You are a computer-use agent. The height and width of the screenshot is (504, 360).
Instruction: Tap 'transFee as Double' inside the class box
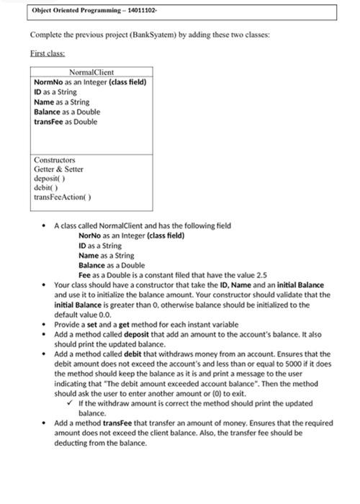[x=66, y=122]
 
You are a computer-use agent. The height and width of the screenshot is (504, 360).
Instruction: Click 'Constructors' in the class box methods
[x=54, y=160]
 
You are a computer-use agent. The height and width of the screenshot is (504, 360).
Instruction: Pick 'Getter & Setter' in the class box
[x=58, y=169]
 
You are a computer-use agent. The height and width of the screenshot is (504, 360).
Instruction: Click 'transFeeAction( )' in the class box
[x=62, y=197]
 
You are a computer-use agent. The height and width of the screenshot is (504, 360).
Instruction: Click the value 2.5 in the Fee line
[x=261, y=275]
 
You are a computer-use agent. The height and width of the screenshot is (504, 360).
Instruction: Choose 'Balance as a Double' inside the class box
[x=67, y=112]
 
